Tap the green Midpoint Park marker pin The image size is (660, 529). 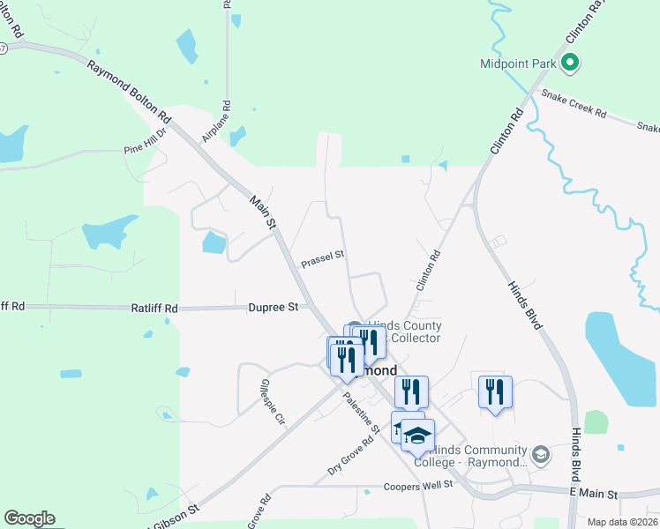570,63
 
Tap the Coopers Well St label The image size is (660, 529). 418,486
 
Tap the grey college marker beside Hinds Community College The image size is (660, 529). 540,455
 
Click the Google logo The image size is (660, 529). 29,518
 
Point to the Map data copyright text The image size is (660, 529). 623,522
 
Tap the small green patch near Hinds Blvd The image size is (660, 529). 596,421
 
